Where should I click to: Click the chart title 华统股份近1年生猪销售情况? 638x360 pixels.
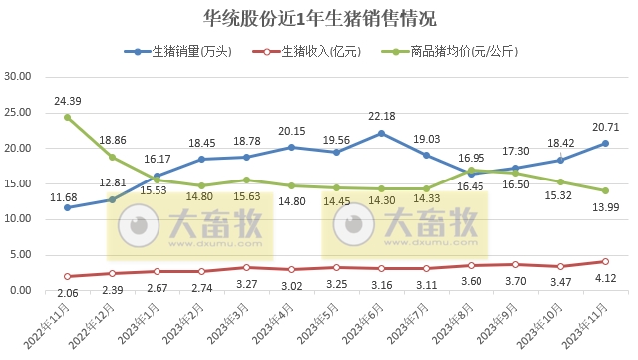coord(319,18)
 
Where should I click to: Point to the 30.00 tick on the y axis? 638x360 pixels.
coord(19,76)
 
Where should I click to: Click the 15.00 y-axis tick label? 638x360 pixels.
coord(19,183)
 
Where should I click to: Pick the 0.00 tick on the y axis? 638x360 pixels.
coord(22,290)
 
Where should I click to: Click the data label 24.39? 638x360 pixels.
coord(68,101)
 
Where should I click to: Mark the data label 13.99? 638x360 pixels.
coord(605,203)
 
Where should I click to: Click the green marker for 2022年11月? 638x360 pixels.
coord(68,117)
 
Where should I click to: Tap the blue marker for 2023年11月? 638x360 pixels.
coord(605,143)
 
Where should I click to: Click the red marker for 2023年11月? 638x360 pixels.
coord(605,261)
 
